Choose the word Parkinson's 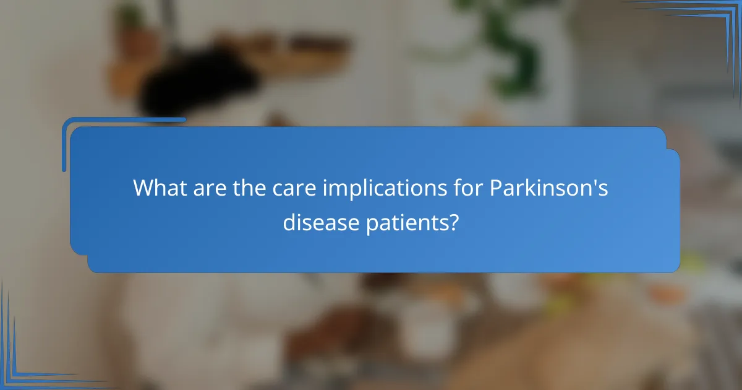(x=549, y=188)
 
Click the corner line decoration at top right (x=711, y=25)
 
